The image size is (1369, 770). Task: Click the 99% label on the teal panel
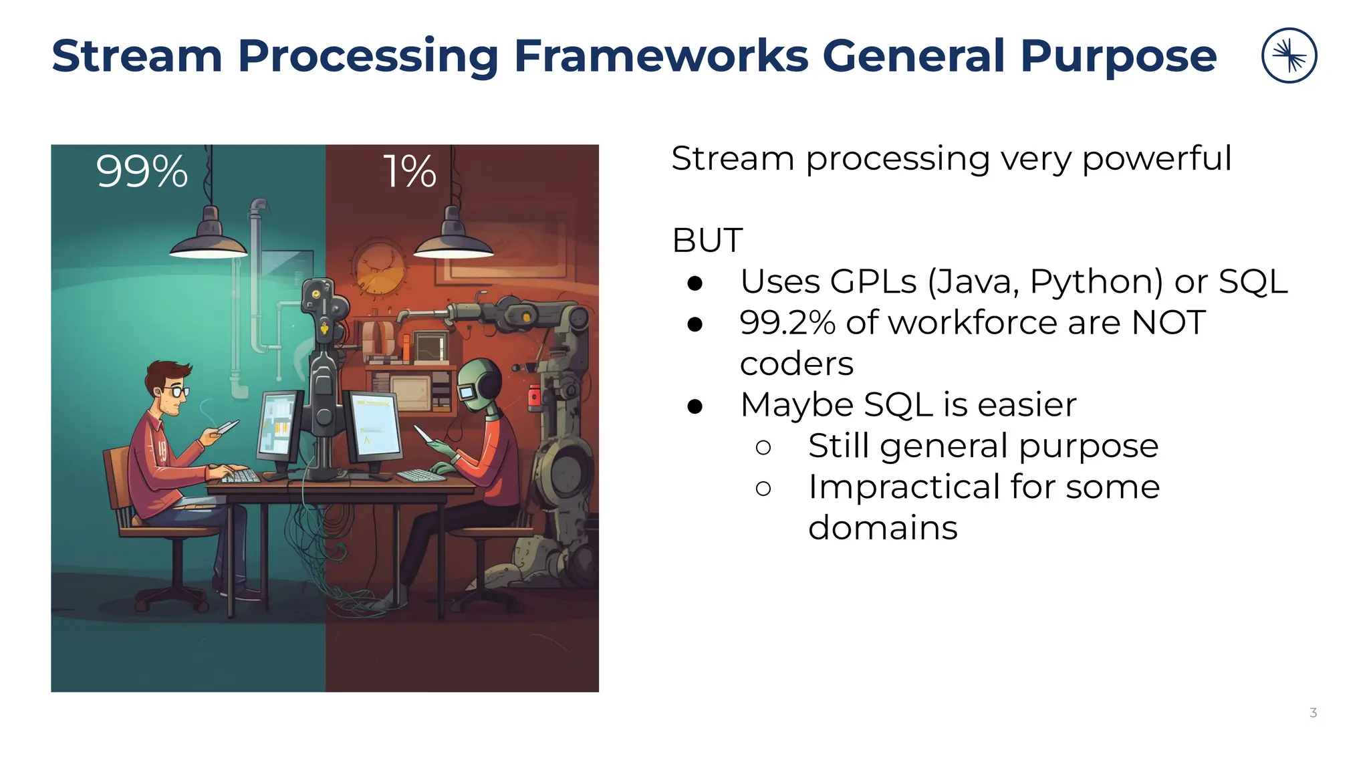142,172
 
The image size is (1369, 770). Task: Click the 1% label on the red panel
410,172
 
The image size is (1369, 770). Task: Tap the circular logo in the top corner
1289,55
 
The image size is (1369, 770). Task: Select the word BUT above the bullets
707,241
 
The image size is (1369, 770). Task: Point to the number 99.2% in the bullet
787,323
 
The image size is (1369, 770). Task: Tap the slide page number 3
1313,713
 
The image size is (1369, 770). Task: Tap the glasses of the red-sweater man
178,391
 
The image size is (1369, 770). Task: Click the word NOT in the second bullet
1168,323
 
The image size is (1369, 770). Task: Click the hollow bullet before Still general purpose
763,447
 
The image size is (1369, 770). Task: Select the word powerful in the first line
1156,159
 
